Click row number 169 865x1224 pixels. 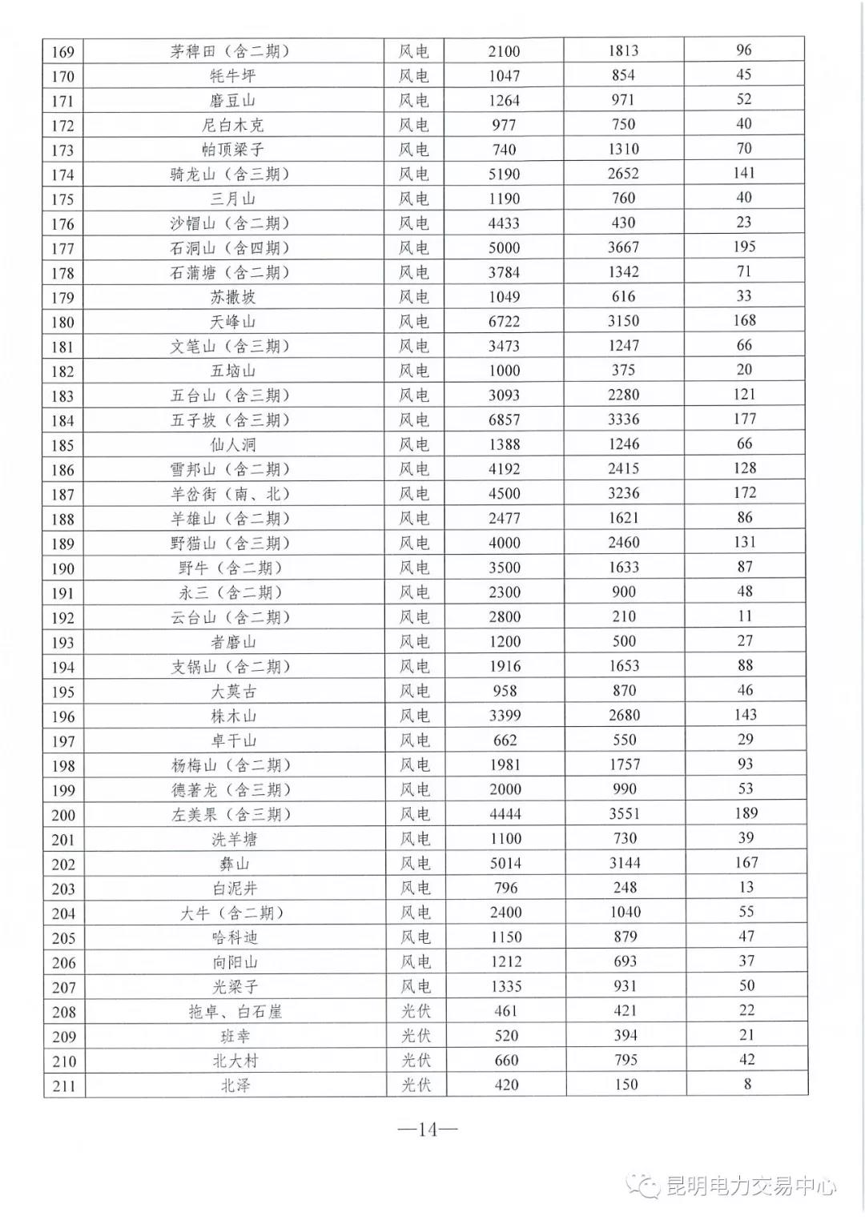(62, 52)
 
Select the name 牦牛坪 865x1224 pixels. (233, 76)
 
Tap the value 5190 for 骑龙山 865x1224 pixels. (504, 174)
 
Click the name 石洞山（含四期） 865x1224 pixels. (230, 248)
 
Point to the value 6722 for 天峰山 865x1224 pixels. (504, 322)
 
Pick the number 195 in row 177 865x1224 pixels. (744, 247)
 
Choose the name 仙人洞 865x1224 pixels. (233, 445)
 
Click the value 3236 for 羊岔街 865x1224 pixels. (623, 493)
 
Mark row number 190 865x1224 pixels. (62, 568)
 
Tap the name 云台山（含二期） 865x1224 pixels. (230, 617)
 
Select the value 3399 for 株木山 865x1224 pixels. (505, 716)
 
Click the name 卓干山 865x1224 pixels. (234, 740)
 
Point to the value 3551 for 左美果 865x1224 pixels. (624, 814)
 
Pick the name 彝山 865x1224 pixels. (235, 864)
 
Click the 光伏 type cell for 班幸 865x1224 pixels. (416, 1036)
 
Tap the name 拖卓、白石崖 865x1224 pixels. (235, 1012)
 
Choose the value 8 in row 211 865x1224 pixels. (747, 1085)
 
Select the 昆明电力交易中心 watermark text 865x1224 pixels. (750, 1186)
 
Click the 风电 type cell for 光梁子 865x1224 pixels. (415, 987)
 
